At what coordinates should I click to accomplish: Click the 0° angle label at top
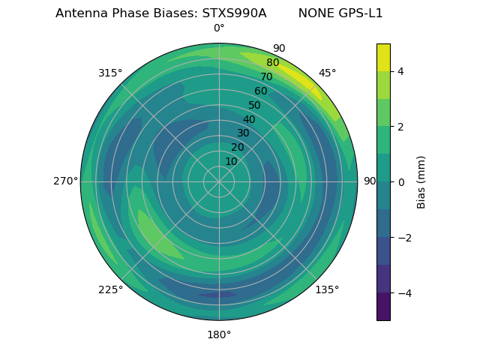(219, 28)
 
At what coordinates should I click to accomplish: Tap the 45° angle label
(327, 73)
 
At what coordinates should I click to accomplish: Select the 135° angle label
(327, 289)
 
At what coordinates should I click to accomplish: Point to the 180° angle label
(219, 334)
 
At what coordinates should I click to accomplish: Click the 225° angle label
(110, 289)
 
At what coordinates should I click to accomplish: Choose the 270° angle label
(65, 181)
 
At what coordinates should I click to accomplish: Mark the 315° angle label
(110, 73)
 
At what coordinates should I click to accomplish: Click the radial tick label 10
(231, 161)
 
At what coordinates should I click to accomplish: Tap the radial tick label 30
(243, 133)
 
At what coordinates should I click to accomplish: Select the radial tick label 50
(254, 106)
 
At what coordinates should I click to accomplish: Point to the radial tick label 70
(266, 77)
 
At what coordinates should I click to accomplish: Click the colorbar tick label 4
(401, 71)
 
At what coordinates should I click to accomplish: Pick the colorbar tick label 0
(401, 181)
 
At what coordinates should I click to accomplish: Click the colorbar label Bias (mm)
(421, 181)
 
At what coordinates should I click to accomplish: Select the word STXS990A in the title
(234, 13)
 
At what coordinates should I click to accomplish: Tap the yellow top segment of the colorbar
(383, 57)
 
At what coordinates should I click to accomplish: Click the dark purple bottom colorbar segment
(383, 307)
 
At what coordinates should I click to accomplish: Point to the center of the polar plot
(219, 181)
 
